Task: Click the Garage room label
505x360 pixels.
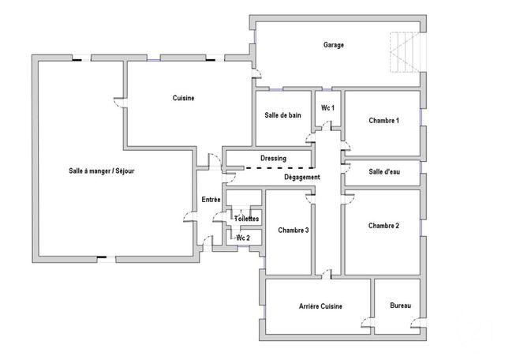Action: click(x=333, y=45)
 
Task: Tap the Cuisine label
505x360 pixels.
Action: click(x=183, y=98)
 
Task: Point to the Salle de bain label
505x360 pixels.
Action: click(x=282, y=115)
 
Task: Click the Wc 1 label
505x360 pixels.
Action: click(x=328, y=107)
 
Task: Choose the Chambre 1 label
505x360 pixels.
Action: click(x=383, y=121)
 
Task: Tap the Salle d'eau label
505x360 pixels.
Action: click(x=384, y=172)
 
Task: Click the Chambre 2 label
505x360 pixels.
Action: click(x=383, y=226)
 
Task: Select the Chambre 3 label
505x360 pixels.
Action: click(x=293, y=231)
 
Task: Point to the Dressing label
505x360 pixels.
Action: click(x=273, y=159)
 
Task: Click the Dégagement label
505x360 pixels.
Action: click(x=302, y=178)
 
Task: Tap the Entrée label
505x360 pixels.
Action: click(x=211, y=200)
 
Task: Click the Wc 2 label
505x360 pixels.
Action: click(x=243, y=238)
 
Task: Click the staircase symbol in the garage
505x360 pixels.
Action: click(x=404, y=54)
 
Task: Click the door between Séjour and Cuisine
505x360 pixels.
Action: click(x=119, y=102)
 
